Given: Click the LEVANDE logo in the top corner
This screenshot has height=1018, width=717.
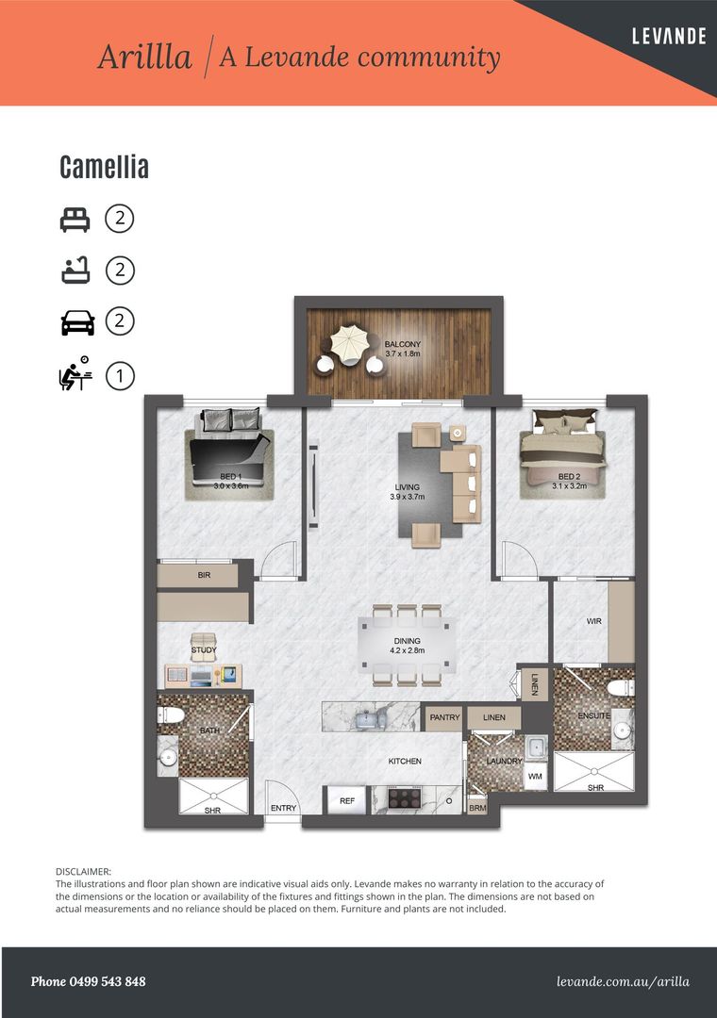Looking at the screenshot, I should pyautogui.click(x=670, y=37).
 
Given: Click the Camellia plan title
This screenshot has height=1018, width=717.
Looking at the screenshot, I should pyautogui.click(x=104, y=168).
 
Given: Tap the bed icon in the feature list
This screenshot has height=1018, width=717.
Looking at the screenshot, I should pyautogui.click(x=75, y=220).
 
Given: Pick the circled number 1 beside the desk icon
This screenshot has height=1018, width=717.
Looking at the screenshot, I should pyautogui.click(x=120, y=376).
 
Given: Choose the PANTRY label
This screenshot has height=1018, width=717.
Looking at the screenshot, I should pyautogui.click(x=444, y=718).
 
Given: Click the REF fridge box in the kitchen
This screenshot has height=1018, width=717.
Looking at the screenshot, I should pyautogui.click(x=347, y=801).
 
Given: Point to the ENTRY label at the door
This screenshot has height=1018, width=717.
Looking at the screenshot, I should pyautogui.click(x=283, y=808).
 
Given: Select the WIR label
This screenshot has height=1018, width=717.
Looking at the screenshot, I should pyautogui.click(x=594, y=622).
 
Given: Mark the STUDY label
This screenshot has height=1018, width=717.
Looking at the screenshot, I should pyautogui.click(x=204, y=650).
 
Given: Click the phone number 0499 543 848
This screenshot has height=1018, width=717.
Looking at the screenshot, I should pyautogui.click(x=89, y=981).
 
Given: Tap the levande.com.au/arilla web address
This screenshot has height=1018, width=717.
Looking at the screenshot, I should pyautogui.click(x=623, y=981).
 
